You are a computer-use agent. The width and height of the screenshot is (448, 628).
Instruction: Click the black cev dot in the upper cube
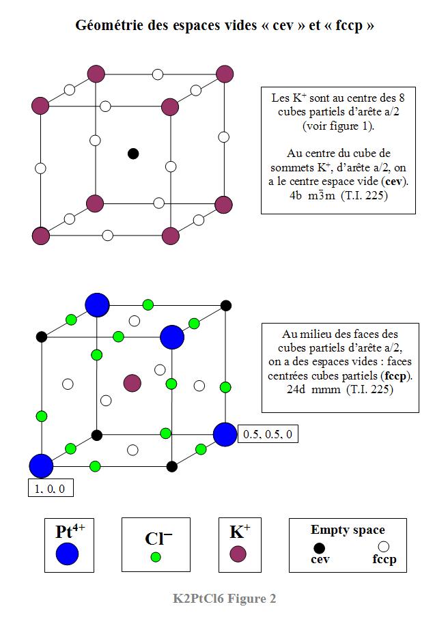coord(133,154)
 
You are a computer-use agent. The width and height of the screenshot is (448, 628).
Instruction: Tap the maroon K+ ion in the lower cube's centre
coord(132,384)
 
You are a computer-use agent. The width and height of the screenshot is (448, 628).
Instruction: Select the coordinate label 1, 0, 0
coord(50,489)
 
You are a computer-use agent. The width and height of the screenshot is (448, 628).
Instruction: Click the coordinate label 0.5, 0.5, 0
coord(268,434)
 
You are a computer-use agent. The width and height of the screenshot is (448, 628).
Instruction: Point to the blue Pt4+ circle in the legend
coord(68,554)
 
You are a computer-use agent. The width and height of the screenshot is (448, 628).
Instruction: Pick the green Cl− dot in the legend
coord(156,557)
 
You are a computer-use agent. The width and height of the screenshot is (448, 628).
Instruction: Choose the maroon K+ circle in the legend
coord(238,554)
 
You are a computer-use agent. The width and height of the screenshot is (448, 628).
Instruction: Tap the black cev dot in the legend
coord(319,548)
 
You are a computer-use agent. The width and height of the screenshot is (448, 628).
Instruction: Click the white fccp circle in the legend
coord(384,547)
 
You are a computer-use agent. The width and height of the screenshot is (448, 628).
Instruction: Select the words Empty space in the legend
coord(348,530)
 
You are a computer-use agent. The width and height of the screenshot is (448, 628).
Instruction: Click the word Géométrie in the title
coord(110,25)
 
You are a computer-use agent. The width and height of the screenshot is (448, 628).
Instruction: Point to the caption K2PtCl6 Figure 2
coord(225,599)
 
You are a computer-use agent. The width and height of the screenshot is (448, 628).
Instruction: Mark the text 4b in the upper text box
coord(295,195)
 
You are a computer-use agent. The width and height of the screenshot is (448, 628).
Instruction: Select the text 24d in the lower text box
coord(296,389)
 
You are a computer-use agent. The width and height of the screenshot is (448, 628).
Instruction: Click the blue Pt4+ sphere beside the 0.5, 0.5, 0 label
coord(225,434)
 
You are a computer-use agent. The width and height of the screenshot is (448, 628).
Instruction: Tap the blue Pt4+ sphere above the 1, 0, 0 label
coord(41,466)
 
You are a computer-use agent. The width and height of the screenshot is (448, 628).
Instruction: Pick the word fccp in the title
coord(349,26)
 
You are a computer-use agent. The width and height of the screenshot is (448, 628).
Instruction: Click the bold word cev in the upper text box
coord(394,182)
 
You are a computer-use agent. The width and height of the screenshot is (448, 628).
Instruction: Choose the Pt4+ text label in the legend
coord(70,531)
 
